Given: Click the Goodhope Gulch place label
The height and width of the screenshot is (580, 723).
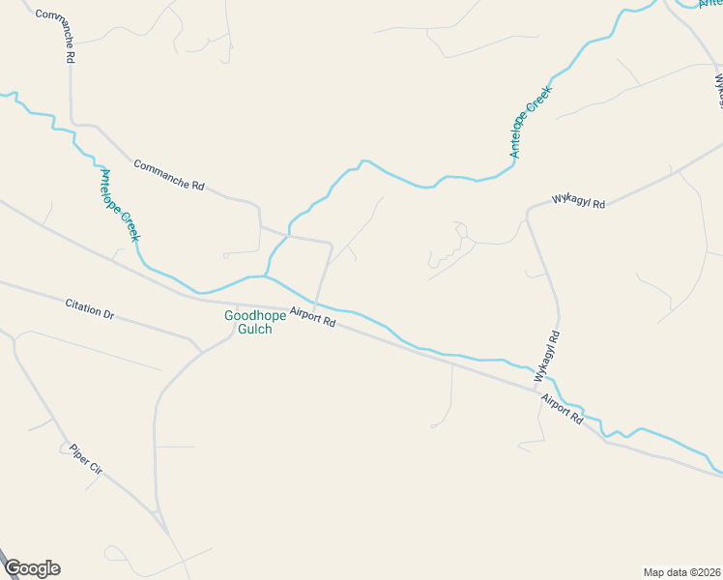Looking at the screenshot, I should click(248, 322).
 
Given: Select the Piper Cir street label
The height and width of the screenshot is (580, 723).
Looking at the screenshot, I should click(85, 458).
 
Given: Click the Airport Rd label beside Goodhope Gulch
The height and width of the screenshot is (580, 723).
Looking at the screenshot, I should click(312, 317).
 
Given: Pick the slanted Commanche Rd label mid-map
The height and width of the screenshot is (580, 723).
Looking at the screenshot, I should click(169, 174).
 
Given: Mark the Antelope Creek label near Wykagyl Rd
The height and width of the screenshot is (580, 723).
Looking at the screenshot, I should click(530, 122).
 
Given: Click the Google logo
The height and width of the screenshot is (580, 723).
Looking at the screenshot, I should click(32, 568).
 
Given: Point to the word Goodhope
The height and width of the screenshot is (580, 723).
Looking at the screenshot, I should click(248, 315).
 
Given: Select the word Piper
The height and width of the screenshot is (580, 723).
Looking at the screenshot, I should click(77, 452).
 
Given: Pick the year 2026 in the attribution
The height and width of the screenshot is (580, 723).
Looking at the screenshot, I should click(706, 571).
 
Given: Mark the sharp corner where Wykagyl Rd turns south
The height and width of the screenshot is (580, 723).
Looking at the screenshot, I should click(528, 210).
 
